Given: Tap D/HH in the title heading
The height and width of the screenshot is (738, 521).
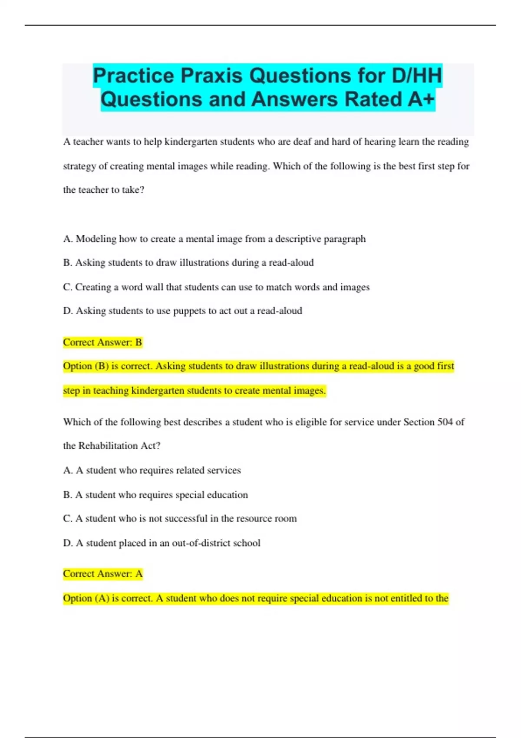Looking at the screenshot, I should tap(417, 76).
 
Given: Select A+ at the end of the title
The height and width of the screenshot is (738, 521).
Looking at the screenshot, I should tap(421, 99).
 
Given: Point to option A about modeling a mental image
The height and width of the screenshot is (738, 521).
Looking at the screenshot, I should tap(214, 239).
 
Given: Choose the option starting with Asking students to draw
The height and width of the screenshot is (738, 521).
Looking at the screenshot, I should tap(188, 263).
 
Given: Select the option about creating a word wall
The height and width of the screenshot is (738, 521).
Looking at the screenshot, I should tap(216, 287).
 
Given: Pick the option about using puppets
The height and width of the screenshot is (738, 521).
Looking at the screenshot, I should tap(183, 311).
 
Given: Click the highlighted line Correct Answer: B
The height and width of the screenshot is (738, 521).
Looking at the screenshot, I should tap(102, 343).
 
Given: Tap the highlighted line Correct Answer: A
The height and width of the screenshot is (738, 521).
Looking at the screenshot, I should tap(102, 574).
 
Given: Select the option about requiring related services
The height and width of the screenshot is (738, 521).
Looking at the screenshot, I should tap(152, 470).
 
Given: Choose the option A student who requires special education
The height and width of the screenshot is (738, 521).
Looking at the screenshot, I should tap(155, 495).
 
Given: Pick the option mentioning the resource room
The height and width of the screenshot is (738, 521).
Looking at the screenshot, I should tap(180, 518).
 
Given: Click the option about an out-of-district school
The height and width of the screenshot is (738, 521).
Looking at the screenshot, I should tap(162, 543).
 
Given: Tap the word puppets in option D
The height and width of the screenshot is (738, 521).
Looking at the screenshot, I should tap(189, 311).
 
